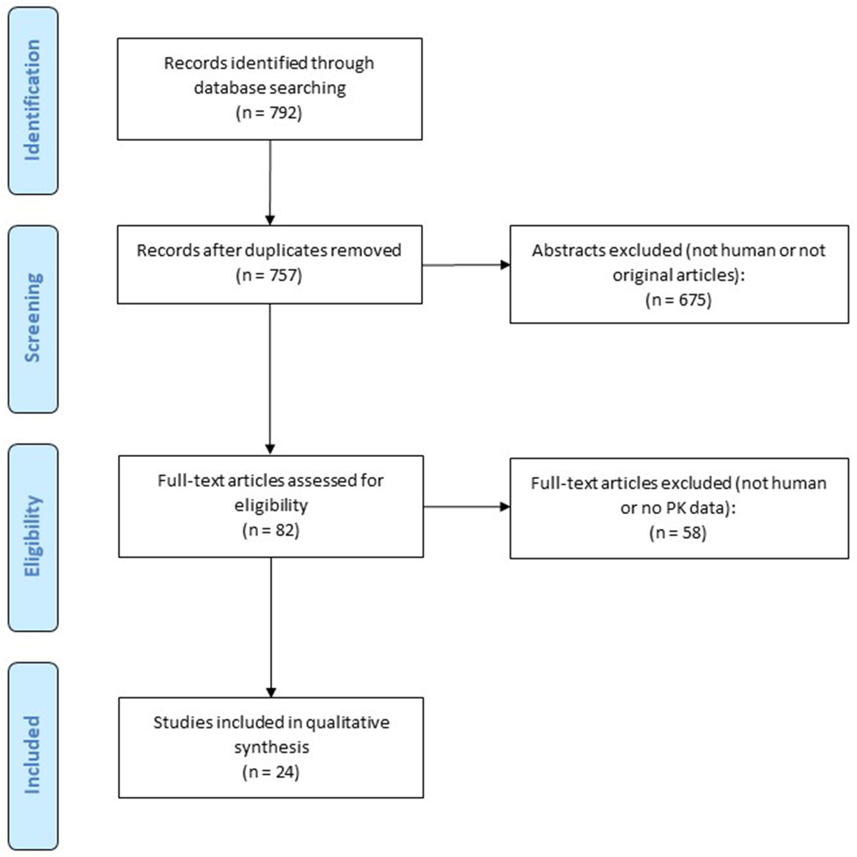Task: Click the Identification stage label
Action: (x=33, y=100)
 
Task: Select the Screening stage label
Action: (x=33, y=318)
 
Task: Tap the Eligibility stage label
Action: (x=33, y=537)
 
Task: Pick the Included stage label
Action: (x=33, y=755)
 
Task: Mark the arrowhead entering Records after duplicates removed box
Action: (x=270, y=220)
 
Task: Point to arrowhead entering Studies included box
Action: (x=271, y=692)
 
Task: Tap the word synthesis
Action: (x=271, y=747)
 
